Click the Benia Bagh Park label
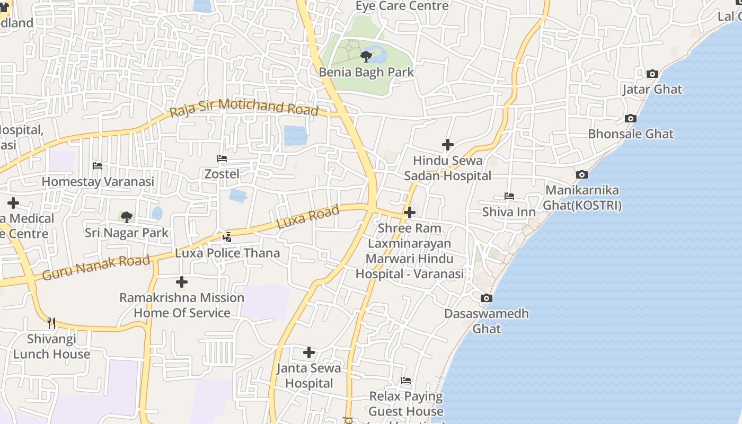[x=366, y=72]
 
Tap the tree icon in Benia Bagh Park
[x=366, y=56]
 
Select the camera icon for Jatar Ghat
[x=652, y=74]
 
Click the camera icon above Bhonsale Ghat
[x=630, y=118]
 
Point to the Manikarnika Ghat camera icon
[x=581, y=174]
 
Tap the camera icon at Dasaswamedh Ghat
[x=486, y=298]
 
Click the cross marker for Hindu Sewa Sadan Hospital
[x=448, y=144]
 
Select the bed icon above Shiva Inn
[x=509, y=196]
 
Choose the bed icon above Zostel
[x=222, y=158]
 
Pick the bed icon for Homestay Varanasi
[x=98, y=165]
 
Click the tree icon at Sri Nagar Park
[x=126, y=216]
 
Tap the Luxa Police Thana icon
[x=227, y=237]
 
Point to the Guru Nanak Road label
[x=96, y=267]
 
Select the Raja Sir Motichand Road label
[x=244, y=107]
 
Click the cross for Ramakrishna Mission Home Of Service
[x=182, y=281]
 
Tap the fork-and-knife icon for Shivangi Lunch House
[x=51, y=323]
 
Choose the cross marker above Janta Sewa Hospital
[x=309, y=352]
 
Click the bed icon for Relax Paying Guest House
[x=406, y=380]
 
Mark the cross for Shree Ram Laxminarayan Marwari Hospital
[x=409, y=213]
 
